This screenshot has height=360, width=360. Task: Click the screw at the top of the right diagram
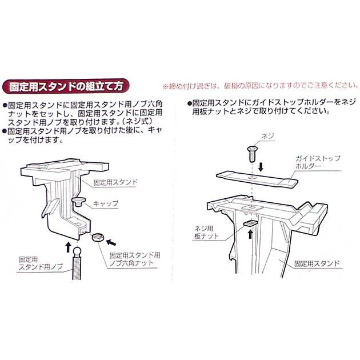click(x=252, y=151)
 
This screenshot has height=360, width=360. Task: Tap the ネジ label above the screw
click(x=267, y=137)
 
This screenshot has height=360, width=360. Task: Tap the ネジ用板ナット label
click(x=206, y=230)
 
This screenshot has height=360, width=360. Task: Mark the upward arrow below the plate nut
click(x=250, y=234)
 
